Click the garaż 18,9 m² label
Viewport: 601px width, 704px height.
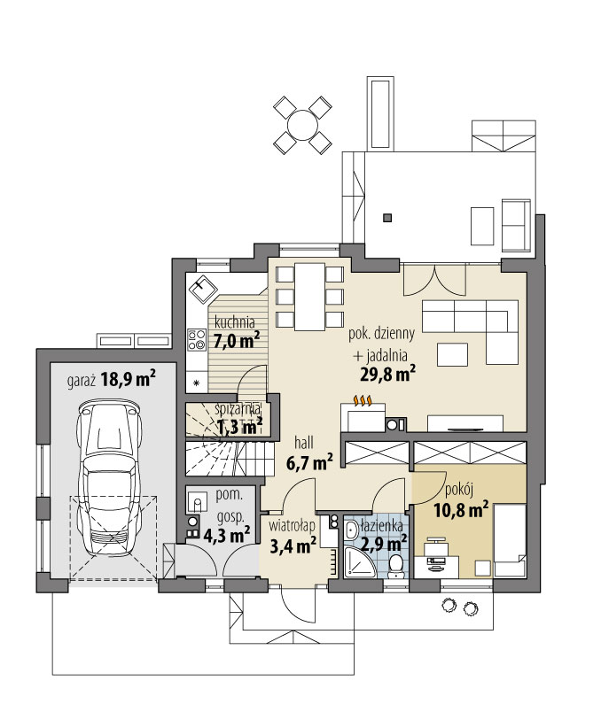pyautogui.click(x=112, y=380)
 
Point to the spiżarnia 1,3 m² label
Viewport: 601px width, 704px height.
pyautogui.click(x=238, y=418)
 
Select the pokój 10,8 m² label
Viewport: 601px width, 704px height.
pyautogui.click(x=461, y=501)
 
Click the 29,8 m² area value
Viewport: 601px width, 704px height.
pyautogui.click(x=389, y=374)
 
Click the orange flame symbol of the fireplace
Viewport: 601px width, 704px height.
pyautogui.click(x=363, y=401)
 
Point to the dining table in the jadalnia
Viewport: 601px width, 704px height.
pyautogui.click(x=308, y=296)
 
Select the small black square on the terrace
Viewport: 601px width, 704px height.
pyautogui.click(x=386, y=218)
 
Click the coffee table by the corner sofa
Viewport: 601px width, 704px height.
pyautogui.click(x=454, y=354)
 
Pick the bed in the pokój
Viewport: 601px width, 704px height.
pyautogui.click(x=510, y=541)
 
